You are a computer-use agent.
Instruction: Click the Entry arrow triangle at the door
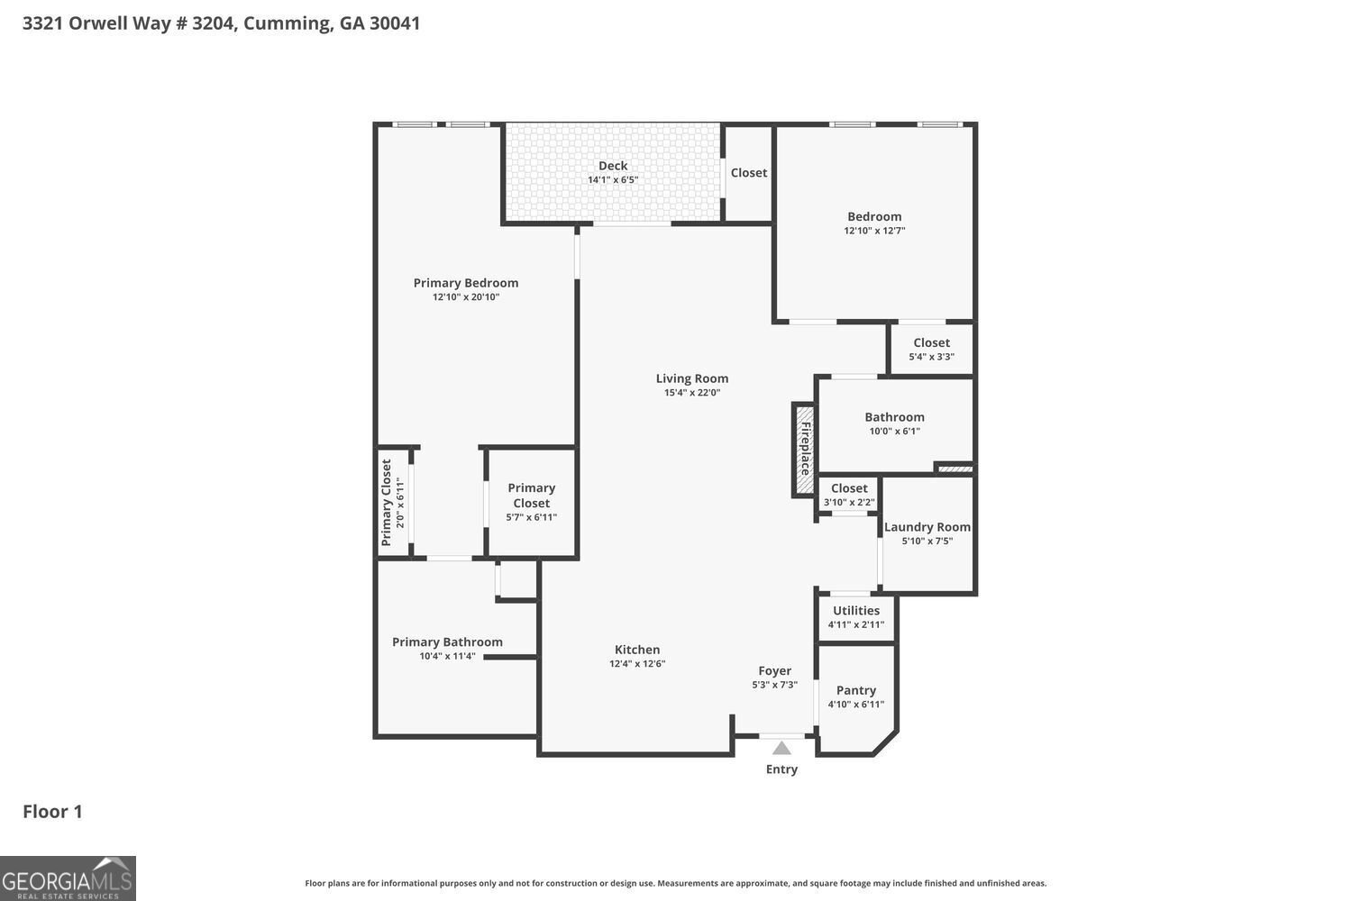click(x=781, y=748)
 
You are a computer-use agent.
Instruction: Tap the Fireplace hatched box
click(x=803, y=449)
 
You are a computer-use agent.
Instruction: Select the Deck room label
click(x=613, y=166)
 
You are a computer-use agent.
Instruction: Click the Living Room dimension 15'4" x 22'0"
click(x=692, y=393)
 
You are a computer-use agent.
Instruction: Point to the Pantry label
click(x=855, y=690)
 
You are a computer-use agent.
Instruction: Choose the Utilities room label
click(x=855, y=610)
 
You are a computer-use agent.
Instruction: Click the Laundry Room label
click(x=927, y=527)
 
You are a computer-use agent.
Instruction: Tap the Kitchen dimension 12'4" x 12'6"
click(x=637, y=664)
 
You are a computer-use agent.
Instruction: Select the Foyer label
click(x=774, y=670)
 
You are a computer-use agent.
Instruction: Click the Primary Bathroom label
click(x=447, y=642)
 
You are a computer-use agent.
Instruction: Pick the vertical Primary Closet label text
click(x=387, y=503)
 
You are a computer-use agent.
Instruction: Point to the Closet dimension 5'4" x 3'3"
click(x=931, y=357)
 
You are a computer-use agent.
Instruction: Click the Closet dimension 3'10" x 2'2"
click(x=849, y=503)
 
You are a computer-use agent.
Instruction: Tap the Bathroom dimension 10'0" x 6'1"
click(x=894, y=432)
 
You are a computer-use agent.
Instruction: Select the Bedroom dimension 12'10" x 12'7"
click(x=874, y=231)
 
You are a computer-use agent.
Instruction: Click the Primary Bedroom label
click(x=466, y=283)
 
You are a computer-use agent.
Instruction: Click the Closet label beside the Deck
click(x=748, y=173)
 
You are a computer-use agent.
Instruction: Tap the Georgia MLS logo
click(x=68, y=878)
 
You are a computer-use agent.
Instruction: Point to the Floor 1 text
click(x=52, y=811)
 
